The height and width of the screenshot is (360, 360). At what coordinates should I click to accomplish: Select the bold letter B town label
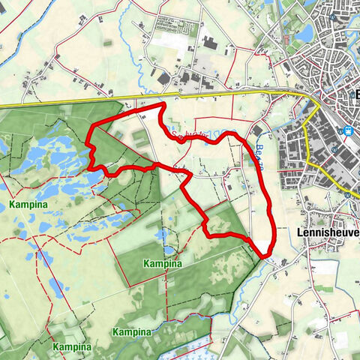355,95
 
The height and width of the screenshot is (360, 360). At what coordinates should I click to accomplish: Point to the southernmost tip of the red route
266,256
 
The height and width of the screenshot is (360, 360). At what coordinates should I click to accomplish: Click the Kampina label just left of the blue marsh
131,331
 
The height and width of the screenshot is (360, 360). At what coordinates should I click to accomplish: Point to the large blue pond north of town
306,33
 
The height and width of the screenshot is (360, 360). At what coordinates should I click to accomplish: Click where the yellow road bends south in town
319,105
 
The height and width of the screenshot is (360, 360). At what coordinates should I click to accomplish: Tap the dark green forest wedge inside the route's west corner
109,146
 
